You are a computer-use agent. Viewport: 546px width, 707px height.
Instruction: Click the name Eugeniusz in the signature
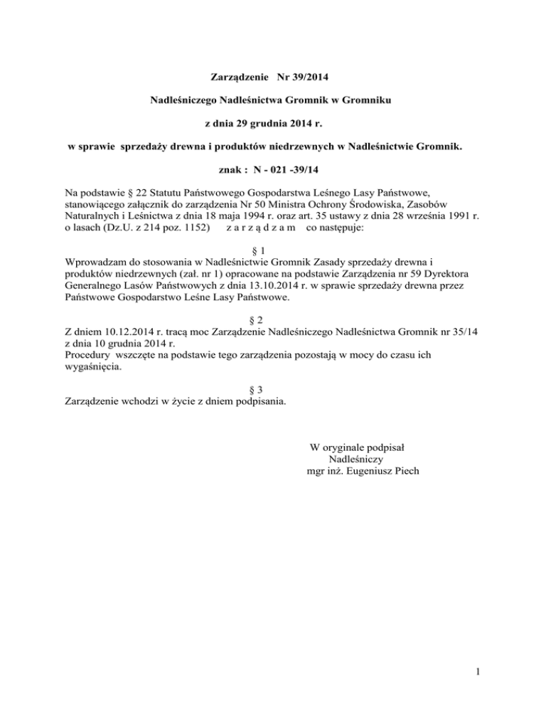coord(364,472)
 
